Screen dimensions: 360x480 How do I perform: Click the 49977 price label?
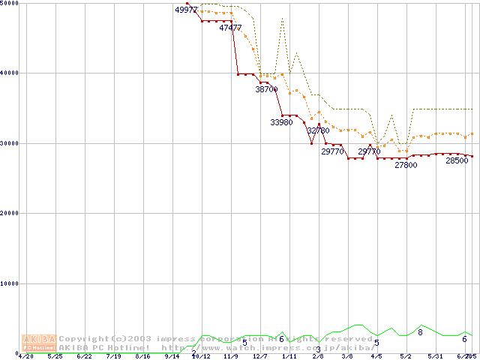click(186, 10)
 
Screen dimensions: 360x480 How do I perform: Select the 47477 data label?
click(230, 28)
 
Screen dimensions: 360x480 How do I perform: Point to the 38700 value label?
click(266, 89)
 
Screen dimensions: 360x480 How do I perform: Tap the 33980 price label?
click(281, 121)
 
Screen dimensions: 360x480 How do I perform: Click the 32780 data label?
click(318, 130)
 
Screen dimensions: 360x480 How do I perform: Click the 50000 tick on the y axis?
click(10, 3)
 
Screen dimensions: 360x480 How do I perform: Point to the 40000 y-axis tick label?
click(10, 73)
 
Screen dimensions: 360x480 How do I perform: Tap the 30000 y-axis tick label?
click(10, 142)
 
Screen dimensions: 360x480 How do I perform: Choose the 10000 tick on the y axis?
click(10, 283)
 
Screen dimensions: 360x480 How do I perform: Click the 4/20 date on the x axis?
click(25, 356)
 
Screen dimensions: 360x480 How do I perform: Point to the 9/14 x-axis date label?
click(171, 356)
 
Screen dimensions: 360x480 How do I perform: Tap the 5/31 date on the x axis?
click(434, 356)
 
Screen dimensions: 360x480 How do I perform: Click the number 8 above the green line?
click(420, 332)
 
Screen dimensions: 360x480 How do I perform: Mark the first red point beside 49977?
click(187, 4)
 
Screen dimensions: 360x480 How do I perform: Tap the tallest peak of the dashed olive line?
click(282, 18)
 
